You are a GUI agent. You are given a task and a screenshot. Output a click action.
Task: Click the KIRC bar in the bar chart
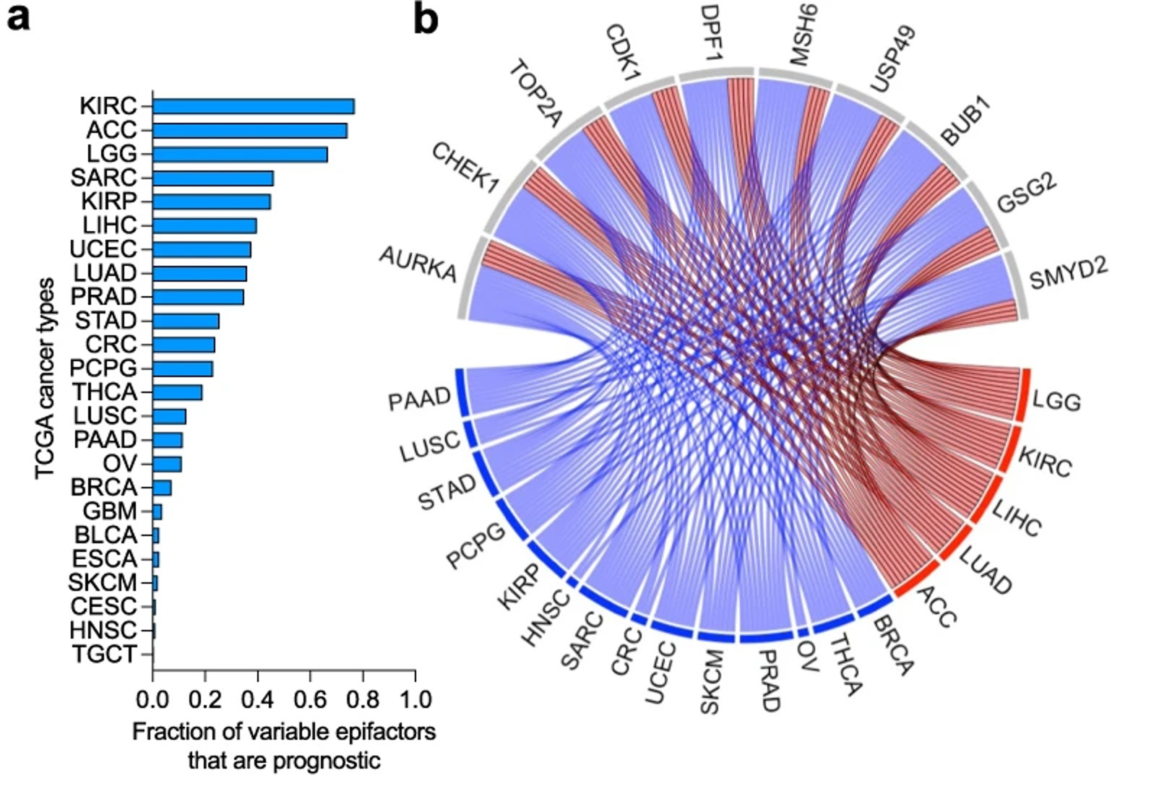point(253,106)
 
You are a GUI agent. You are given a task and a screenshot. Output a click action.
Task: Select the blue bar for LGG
point(240,155)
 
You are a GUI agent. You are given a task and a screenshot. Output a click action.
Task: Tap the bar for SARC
point(213,178)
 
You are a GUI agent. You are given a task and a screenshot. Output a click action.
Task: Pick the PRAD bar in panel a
point(198,297)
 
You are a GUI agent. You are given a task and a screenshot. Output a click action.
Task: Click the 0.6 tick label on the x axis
point(310,699)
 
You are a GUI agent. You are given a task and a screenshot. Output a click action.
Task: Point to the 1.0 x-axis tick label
point(415,699)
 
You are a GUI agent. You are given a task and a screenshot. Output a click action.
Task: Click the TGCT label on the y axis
point(105,655)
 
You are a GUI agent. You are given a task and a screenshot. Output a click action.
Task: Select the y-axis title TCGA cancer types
point(45,378)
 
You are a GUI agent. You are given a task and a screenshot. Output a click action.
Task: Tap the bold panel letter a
point(18,17)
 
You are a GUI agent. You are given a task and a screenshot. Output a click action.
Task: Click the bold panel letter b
point(426,19)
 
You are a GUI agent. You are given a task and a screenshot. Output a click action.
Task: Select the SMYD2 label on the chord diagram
point(1068,272)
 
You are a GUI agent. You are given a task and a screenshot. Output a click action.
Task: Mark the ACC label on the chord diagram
point(936,606)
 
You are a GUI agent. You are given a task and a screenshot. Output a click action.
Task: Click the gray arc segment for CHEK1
point(509,196)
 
